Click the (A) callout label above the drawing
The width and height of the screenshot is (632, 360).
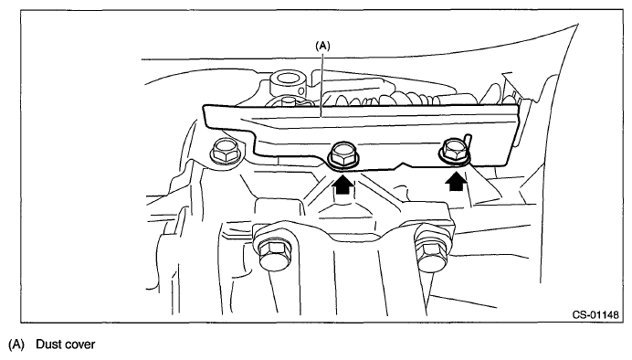(322, 46)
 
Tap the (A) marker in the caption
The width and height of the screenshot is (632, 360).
(16, 344)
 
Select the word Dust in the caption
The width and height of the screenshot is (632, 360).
(48, 344)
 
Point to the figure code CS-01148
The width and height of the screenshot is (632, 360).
(595, 314)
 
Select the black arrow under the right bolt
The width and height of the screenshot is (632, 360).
(457, 182)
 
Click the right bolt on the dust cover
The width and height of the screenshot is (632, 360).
(454, 151)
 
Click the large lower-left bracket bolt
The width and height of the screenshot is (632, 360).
(273, 250)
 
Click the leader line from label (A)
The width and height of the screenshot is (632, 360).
(321, 84)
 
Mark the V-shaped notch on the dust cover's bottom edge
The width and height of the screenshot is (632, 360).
(405, 165)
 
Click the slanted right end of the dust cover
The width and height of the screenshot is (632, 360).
(511, 135)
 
